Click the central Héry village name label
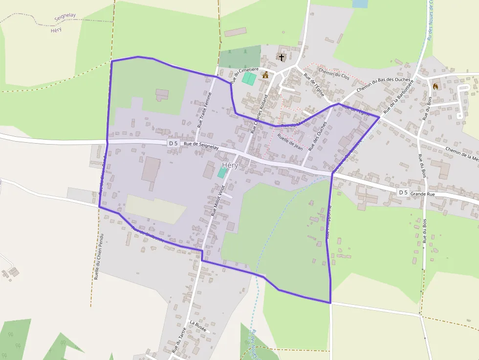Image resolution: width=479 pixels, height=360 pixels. [230, 165]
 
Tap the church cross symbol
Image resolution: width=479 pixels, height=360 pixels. [282, 57]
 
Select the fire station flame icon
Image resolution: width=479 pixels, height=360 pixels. [435, 86]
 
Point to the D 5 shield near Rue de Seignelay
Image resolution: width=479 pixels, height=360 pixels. [173, 143]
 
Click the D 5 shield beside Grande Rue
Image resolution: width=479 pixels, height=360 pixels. [403, 192]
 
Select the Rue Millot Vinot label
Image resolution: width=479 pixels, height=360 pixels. [218, 200]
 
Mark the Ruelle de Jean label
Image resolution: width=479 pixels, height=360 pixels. [290, 141]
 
